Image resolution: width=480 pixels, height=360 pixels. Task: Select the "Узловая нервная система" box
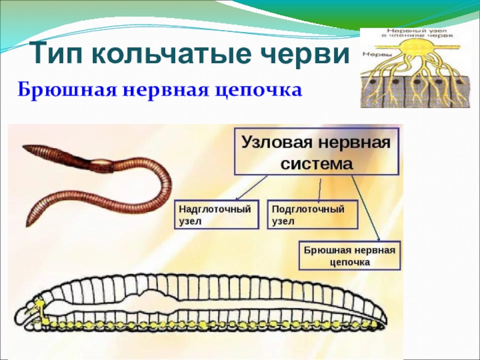pos(316,151)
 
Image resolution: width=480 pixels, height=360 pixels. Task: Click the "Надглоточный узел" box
pos(217,214)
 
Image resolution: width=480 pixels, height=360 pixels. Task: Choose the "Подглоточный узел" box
pos(311,214)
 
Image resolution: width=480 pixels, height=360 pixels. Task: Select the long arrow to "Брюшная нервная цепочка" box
pos(365,207)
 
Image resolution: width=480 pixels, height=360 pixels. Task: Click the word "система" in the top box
pos(316,163)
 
